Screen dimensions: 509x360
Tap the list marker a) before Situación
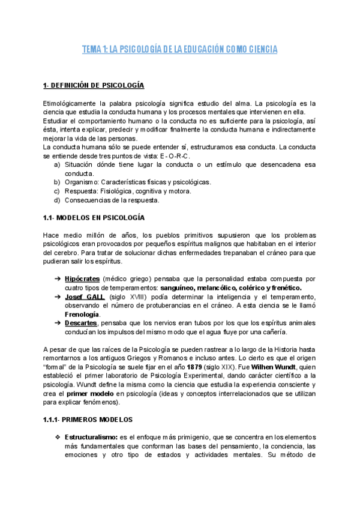(57, 164)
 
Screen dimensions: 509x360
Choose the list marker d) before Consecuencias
(57, 200)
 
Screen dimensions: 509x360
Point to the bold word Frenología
(82, 314)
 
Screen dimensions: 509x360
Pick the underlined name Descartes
(80, 323)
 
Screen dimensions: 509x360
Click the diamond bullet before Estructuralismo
(57, 438)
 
